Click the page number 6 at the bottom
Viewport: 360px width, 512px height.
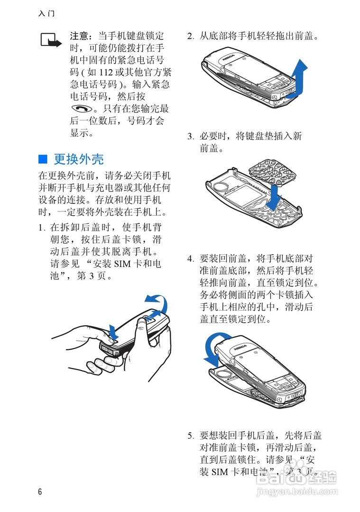pyautogui.click(x=40, y=492)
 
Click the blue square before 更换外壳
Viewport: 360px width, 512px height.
pyautogui.click(x=43, y=158)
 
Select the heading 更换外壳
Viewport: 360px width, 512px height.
pyautogui.click(x=79, y=158)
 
